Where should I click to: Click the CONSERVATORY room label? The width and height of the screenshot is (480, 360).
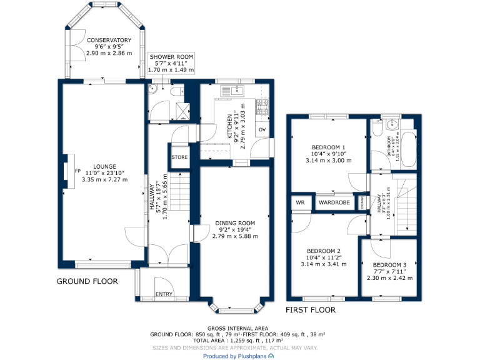coord(104,40)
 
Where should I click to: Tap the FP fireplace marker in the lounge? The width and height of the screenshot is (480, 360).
coord(78,170)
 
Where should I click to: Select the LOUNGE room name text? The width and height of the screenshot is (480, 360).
coord(104,166)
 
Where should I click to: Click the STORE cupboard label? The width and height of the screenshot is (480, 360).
coord(179,157)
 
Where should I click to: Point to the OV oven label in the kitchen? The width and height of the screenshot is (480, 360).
coord(262,130)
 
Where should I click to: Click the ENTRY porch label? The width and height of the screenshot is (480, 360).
coord(164,294)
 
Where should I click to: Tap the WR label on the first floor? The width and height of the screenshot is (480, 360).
coord(300,202)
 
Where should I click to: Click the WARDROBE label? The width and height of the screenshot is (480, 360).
coord(334,202)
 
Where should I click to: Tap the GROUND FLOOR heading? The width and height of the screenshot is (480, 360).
coord(87,281)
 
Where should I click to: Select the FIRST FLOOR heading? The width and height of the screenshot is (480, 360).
coord(311,310)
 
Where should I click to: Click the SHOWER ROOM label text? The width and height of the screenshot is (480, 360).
coord(171,57)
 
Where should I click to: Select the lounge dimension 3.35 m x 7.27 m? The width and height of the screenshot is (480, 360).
coord(104,179)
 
